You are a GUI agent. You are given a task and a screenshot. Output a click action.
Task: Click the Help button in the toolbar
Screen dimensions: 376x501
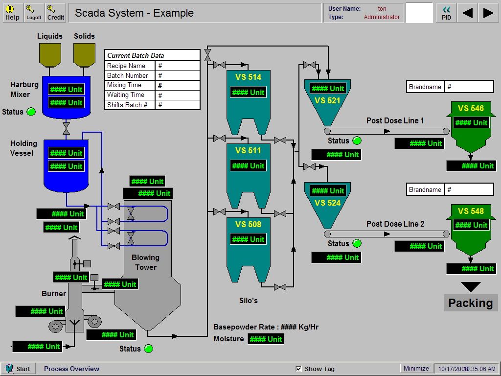pos(12,13)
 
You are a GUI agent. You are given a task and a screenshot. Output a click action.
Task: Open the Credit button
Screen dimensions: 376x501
pos(55,13)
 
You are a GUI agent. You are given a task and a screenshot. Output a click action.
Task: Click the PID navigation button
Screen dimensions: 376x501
pos(446,13)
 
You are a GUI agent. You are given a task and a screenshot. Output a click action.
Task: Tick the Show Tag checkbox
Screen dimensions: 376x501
pos(299,369)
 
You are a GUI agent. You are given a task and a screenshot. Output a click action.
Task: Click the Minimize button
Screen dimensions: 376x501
pos(416,368)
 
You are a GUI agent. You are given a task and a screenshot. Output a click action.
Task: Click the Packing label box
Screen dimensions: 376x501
pos(470,303)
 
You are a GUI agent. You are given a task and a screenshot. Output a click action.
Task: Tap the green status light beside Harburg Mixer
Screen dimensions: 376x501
pos(31,112)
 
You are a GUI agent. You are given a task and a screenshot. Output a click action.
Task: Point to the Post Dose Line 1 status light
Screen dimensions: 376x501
pos(357,141)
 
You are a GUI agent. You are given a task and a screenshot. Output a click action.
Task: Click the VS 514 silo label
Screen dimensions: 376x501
pos(248,77)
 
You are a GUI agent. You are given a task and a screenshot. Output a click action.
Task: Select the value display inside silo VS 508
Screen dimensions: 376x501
pos(248,239)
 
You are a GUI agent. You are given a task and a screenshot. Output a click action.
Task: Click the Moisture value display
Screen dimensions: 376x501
pos(266,339)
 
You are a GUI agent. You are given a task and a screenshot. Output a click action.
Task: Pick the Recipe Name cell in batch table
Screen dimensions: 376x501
pos(130,66)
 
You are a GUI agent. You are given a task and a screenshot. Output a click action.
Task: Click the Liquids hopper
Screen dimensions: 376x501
pos(50,54)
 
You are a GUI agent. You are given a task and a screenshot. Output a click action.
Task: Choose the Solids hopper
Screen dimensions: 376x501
pos(84,54)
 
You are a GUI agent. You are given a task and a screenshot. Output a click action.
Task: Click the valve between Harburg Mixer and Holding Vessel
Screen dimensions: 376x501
pos(66,128)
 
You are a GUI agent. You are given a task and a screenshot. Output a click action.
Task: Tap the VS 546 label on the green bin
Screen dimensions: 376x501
pos(471,109)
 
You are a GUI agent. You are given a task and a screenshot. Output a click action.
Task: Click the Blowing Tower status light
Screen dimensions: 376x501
pos(148,349)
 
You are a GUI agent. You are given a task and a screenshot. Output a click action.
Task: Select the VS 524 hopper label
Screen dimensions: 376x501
pos(327,203)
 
